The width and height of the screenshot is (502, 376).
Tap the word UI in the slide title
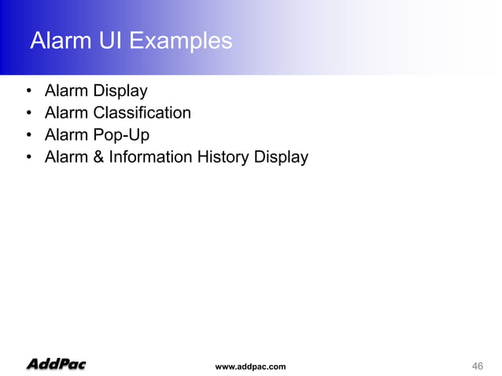106,40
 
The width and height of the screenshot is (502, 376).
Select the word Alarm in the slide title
57,40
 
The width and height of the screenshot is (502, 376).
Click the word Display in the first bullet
118,90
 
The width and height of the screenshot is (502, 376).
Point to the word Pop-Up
120,135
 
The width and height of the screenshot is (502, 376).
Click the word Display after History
282,157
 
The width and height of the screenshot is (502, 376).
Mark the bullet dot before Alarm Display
28,91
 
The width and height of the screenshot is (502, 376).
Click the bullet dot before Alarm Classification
28,113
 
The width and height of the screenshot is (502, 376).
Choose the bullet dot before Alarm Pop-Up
28,135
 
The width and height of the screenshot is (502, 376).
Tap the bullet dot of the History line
28,157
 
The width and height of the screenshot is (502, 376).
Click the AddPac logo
56,364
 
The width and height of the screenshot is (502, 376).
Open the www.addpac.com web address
250,367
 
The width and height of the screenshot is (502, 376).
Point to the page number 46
477,366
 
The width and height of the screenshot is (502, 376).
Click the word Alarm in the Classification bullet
66,112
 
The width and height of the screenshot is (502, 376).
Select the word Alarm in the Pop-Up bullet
66,135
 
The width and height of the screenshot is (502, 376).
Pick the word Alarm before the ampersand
66,157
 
